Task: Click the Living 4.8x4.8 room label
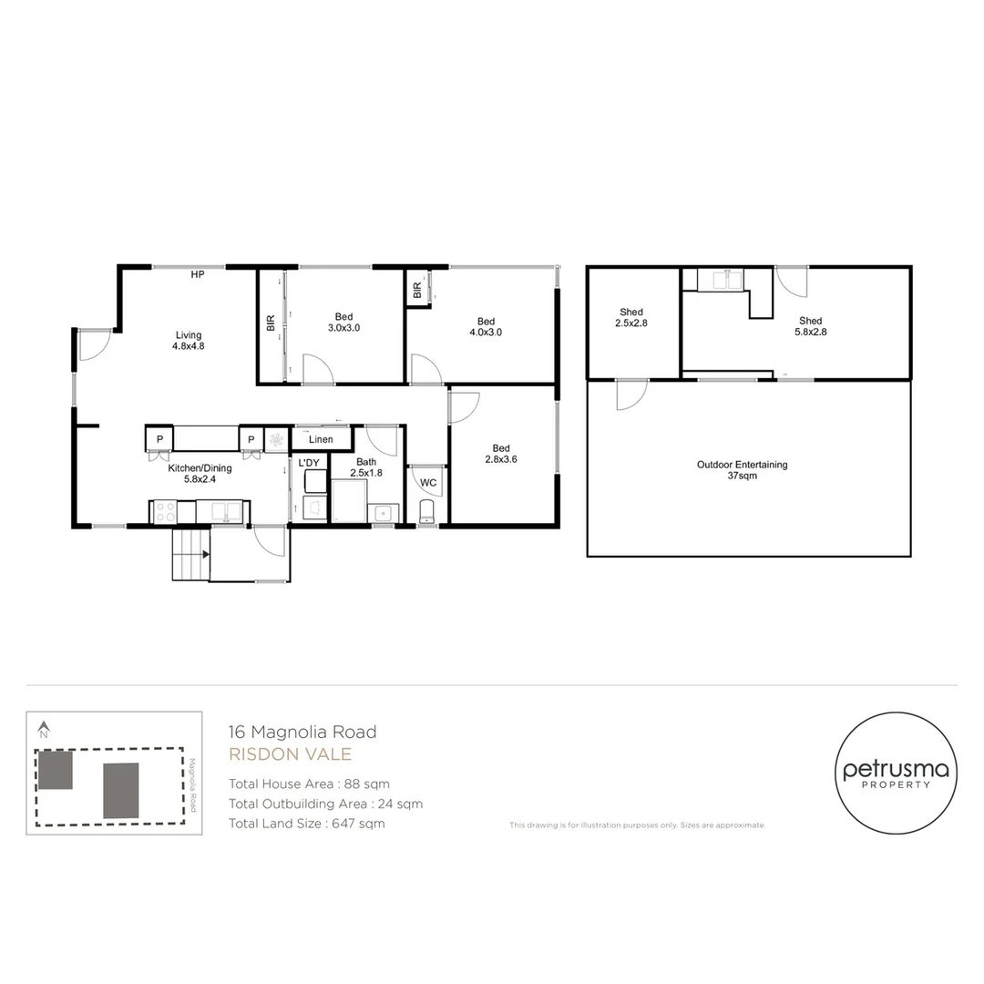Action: tap(187, 340)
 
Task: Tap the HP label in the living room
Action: tap(197, 275)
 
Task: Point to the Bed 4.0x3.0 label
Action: tap(486, 326)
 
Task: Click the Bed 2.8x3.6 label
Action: tap(501, 453)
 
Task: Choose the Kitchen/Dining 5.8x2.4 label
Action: tap(200, 474)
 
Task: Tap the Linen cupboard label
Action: tap(320, 440)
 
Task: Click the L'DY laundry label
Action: tap(310, 463)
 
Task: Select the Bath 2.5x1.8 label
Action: tap(366, 467)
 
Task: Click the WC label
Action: tap(427, 483)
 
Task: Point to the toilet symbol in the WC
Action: tap(427, 512)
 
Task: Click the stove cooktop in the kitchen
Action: tap(165, 512)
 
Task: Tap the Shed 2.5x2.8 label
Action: tap(630, 317)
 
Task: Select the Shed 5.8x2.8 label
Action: tap(810, 326)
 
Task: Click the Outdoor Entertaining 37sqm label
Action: tap(742, 470)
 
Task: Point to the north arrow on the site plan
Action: tap(43, 729)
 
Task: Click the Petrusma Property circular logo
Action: tap(896, 773)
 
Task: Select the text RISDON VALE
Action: tap(289, 754)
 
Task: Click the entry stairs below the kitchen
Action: tap(190, 553)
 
